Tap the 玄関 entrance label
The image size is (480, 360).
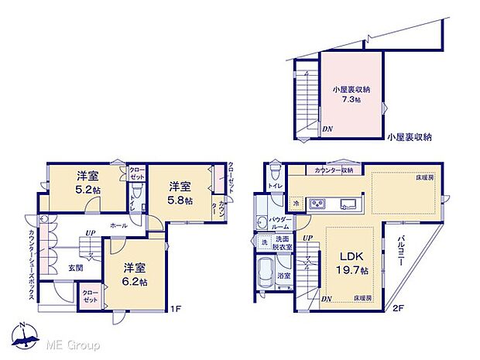[x=66, y=269]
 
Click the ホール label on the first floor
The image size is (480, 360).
[x=118, y=225]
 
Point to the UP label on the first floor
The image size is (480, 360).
[x=90, y=233]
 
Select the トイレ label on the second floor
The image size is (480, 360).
[x=274, y=187]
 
